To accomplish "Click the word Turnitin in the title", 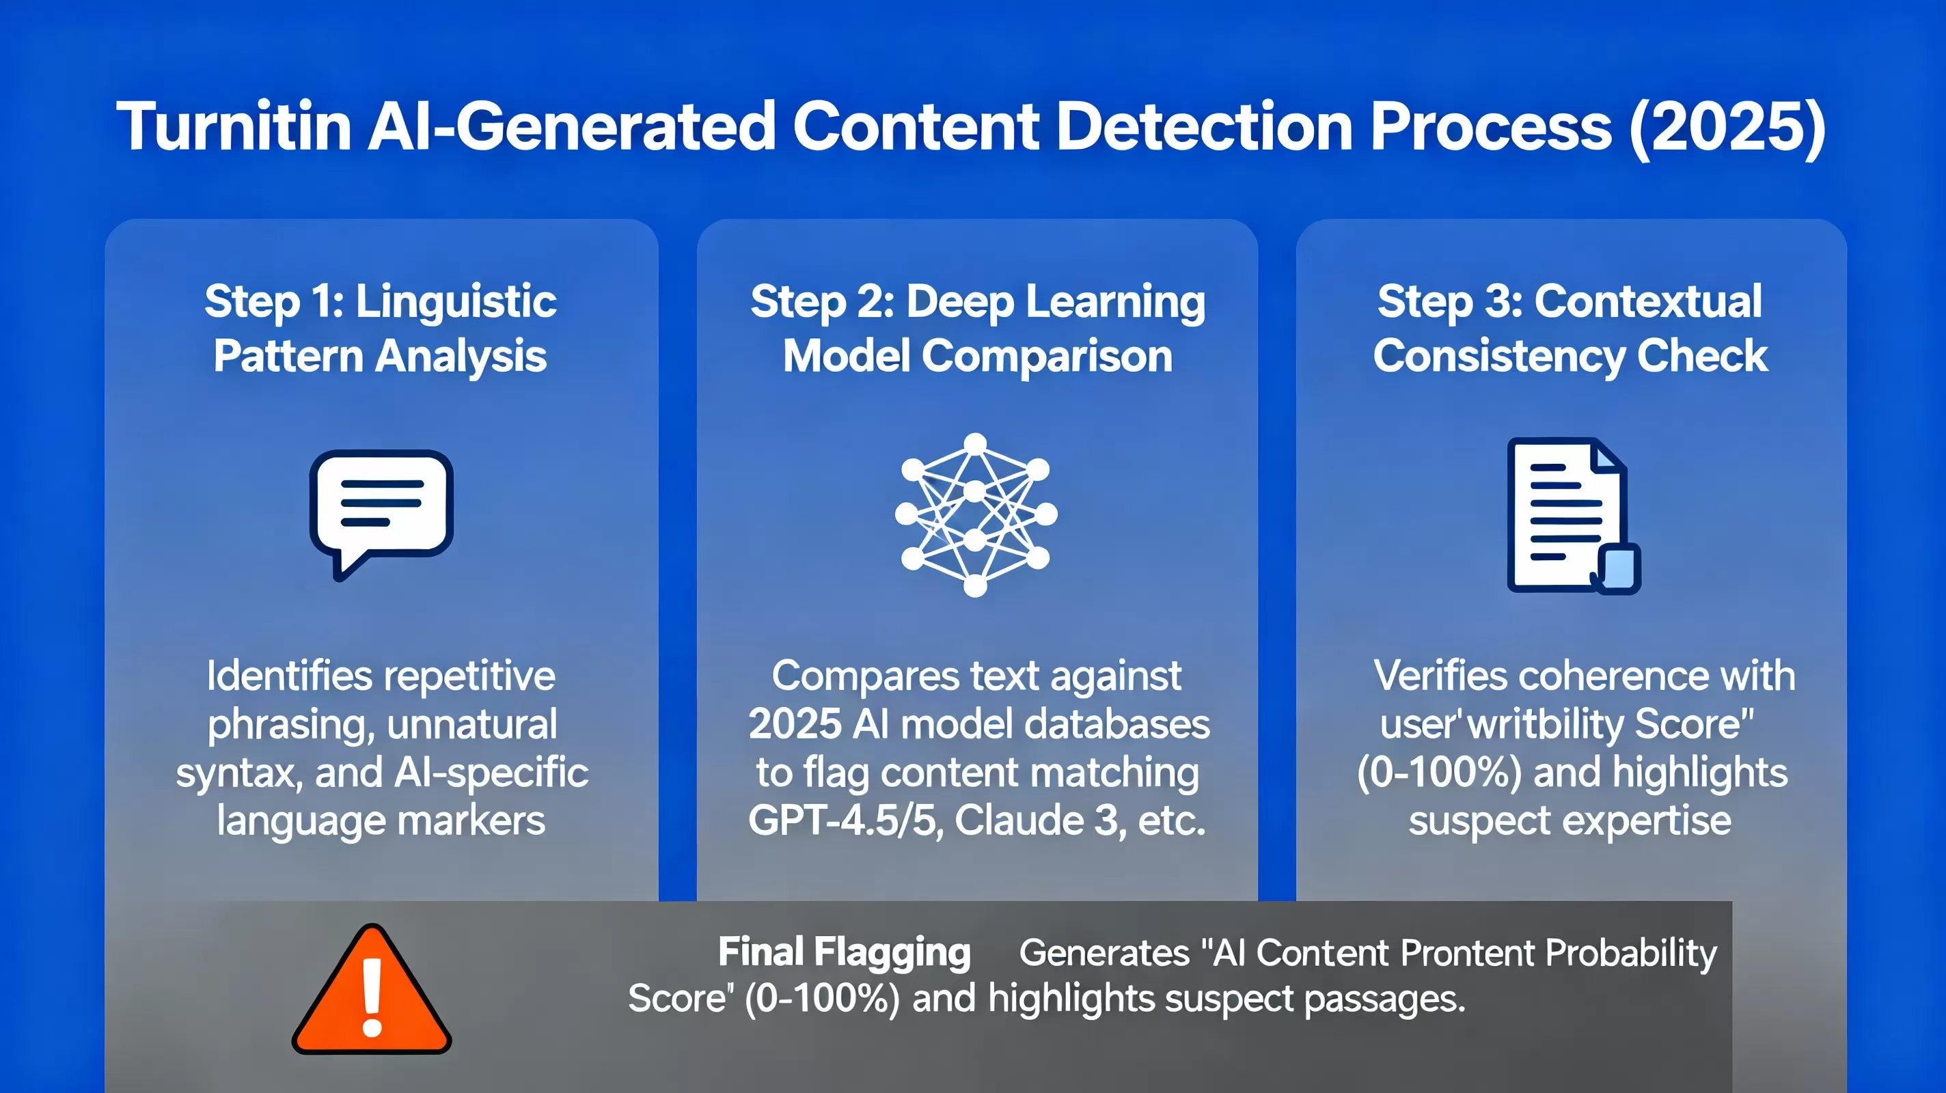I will pyautogui.click(x=234, y=126).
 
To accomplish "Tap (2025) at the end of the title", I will pyautogui.click(x=1727, y=126).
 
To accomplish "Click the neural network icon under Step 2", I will pyautogui.click(x=975, y=514).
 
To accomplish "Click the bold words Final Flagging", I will pyautogui.click(x=844, y=952).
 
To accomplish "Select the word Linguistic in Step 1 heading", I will pyautogui.click(x=456, y=301).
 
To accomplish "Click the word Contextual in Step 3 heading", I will pyautogui.click(x=1647, y=301).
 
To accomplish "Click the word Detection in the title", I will pyautogui.click(x=1204, y=126).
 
